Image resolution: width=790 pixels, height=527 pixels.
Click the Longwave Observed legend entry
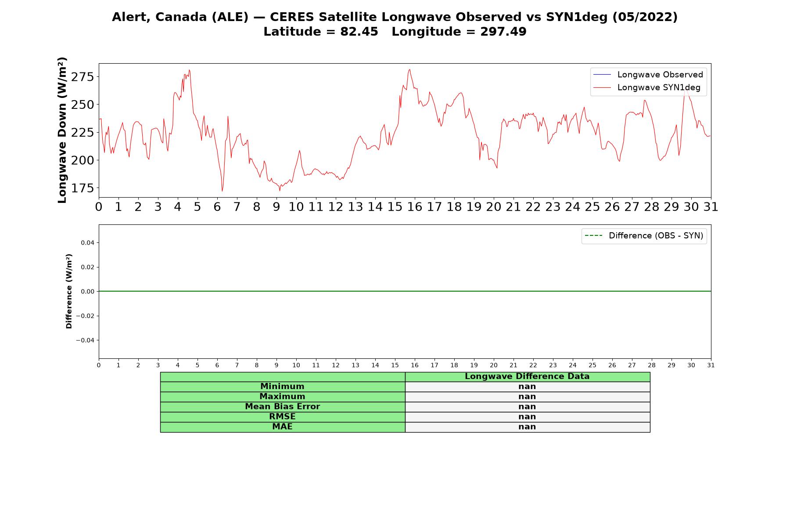pyautogui.click(x=648, y=75)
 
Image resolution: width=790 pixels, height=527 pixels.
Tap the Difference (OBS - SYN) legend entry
pyautogui.click(x=644, y=236)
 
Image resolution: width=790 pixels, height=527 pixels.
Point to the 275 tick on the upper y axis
pyautogui.click(x=83, y=77)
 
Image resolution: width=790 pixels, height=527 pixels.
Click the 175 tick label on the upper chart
pyautogui.click(x=83, y=188)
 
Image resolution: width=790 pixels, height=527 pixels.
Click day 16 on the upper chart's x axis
pyautogui.click(x=415, y=207)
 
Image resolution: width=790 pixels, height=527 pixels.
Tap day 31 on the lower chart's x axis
pyautogui.click(x=711, y=365)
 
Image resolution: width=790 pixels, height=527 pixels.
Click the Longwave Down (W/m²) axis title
pyautogui.click(x=62, y=130)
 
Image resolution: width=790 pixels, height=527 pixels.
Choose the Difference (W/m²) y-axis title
pyautogui.click(x=69, y=291)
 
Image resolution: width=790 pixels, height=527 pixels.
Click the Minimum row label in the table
pyautogui.click(x=282, y=386)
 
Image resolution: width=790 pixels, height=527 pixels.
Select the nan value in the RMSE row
pyautogui.click(x=527, y=417)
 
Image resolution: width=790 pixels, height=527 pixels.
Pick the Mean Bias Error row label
pyautogui.click(x=282, y=407)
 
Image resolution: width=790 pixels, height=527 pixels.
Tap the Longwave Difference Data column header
pyautogui.click(x=527, y=376)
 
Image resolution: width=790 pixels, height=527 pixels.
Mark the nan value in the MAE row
pyautogui.click(x=527, y=427)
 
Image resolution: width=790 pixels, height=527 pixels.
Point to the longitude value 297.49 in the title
pyautogui.click(x=503, y=32)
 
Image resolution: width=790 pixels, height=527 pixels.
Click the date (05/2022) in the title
pyautogui.click(x=645, y=17)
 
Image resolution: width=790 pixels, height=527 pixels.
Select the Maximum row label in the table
pyautogui.click(x=282, y=397)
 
